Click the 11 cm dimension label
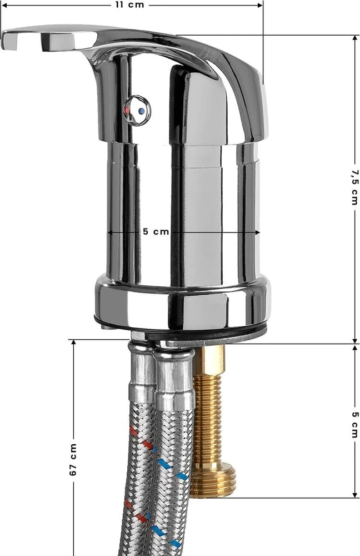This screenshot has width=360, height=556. click(x=130, y=5)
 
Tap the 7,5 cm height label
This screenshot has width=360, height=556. click(x=354, y=187)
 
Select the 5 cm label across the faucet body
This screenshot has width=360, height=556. click(x=156, y=231)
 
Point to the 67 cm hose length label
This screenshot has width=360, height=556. click(x=73, y=459)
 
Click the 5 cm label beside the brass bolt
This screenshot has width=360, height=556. click(x=355, y=424)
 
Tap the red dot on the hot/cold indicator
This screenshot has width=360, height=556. click(x=127, y=110)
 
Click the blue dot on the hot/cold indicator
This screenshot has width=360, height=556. click(x=142, y=111)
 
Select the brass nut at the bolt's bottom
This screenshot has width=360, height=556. click(x=213, y=480)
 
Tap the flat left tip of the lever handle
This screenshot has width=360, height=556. click(x=9, y=40)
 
